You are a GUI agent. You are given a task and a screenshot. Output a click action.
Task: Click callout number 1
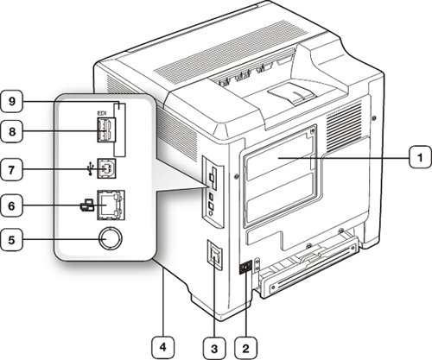point(421,157)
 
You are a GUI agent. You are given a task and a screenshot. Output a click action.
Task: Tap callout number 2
point(245,348)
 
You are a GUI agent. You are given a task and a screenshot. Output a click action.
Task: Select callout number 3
point(214,348)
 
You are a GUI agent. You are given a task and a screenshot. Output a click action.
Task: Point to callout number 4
point(163,348)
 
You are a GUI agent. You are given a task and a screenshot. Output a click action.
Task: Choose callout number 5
point(11,239)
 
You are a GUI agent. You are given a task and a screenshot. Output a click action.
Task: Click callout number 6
point(11,205)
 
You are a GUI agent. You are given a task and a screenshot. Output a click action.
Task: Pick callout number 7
point(11,169)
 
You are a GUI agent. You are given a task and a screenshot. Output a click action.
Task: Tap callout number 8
point(11,131)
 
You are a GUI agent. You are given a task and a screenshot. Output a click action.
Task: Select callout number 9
point(11,101)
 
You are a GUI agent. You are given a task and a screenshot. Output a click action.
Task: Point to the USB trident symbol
point(91,168)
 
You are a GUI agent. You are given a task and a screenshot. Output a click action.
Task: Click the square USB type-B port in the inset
point(106,168)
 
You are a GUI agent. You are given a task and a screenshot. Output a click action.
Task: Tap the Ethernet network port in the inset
point(111,205)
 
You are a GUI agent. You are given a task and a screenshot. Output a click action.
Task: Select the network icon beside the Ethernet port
point(86,205)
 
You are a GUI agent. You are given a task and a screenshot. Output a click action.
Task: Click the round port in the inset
point(110,239)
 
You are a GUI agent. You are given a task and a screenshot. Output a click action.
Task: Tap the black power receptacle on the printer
point(245,267)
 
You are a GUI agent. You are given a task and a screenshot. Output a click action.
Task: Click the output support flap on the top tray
point(290,93)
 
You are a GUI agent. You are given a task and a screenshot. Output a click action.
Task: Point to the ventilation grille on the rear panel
point(344,126)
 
